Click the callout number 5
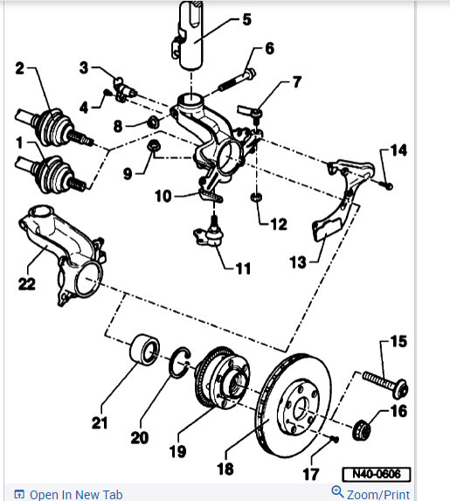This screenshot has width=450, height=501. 246,18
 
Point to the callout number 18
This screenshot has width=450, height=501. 225,470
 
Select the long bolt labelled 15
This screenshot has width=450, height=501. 387,380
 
